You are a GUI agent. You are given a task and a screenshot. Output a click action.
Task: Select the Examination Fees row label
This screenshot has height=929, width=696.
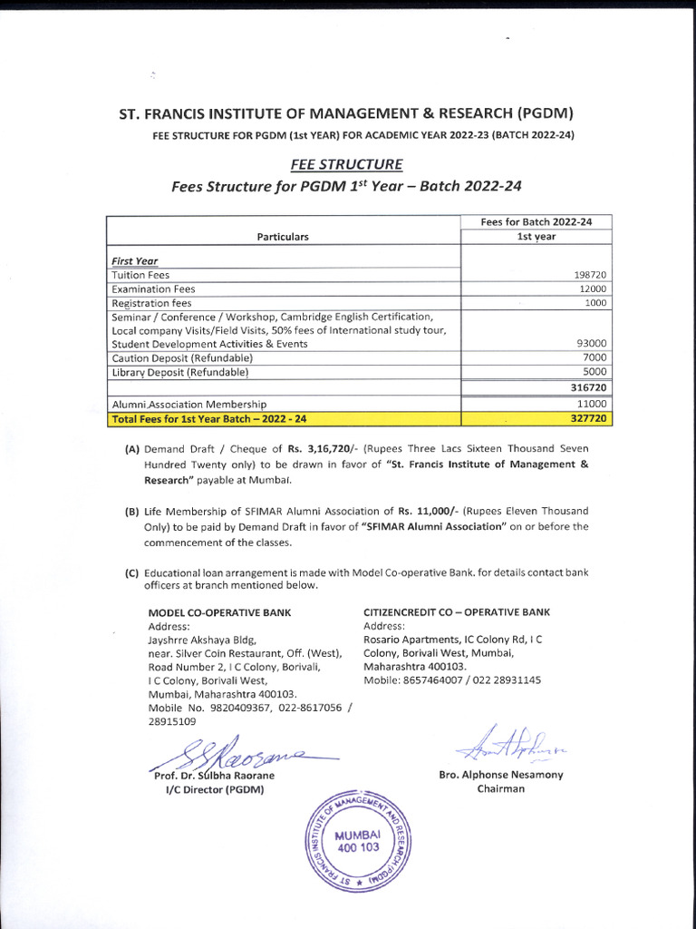(x=153, y=288)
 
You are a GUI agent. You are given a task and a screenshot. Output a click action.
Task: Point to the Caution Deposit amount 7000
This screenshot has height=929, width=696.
(x=594, y=358)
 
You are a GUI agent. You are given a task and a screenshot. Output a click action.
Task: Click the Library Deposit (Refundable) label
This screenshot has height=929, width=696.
(x=179, y=372)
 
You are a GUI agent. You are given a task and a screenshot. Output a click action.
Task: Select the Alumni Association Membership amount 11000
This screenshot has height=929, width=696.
(x=591, y=405)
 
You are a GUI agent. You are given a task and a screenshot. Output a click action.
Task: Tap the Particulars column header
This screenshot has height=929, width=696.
(x=283, y=237)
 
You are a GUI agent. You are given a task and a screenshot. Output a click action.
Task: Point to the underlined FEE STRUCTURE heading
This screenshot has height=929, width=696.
(x=347, y=165)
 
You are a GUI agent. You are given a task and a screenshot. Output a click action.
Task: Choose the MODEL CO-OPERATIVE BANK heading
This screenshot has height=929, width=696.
(x=219, y=612)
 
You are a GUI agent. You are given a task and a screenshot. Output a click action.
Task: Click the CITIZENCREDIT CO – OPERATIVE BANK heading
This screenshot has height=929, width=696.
(x=456, y=612)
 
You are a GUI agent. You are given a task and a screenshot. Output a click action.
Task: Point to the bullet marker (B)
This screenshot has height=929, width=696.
(x=131, y=512)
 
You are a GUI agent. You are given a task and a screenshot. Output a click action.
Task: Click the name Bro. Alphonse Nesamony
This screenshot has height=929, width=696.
(x=500, y=775)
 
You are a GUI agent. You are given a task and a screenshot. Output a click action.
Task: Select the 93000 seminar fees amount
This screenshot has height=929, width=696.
(x=591, y=344)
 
